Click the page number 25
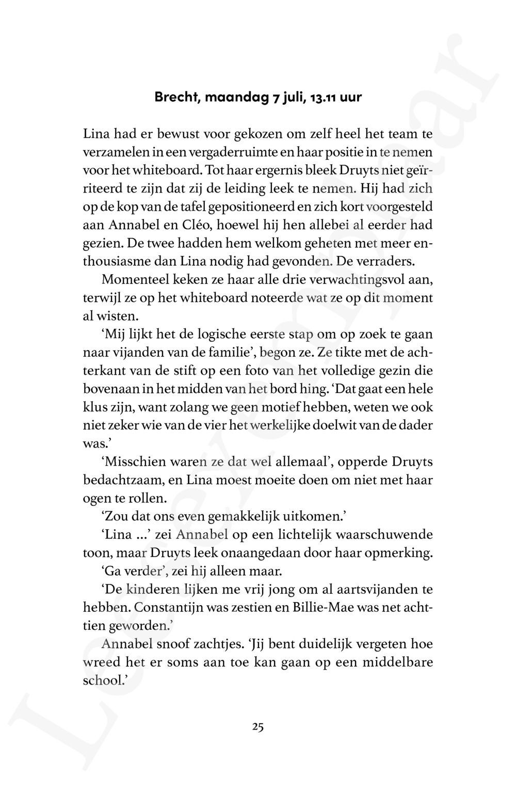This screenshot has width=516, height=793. (258, 727)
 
